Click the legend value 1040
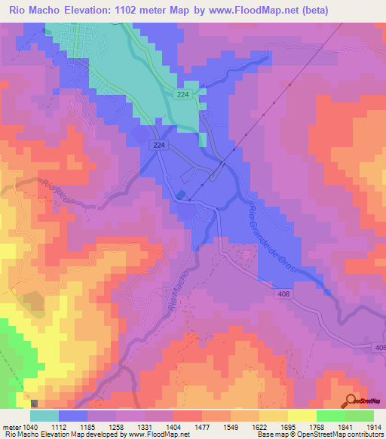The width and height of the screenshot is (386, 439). coord(28,426)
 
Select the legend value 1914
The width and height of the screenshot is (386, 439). coord(373,426)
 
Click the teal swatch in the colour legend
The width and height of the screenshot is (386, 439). coord(44,416)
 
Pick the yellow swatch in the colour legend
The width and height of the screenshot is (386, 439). coord(302,416)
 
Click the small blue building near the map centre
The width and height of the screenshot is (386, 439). coord(181,195)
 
